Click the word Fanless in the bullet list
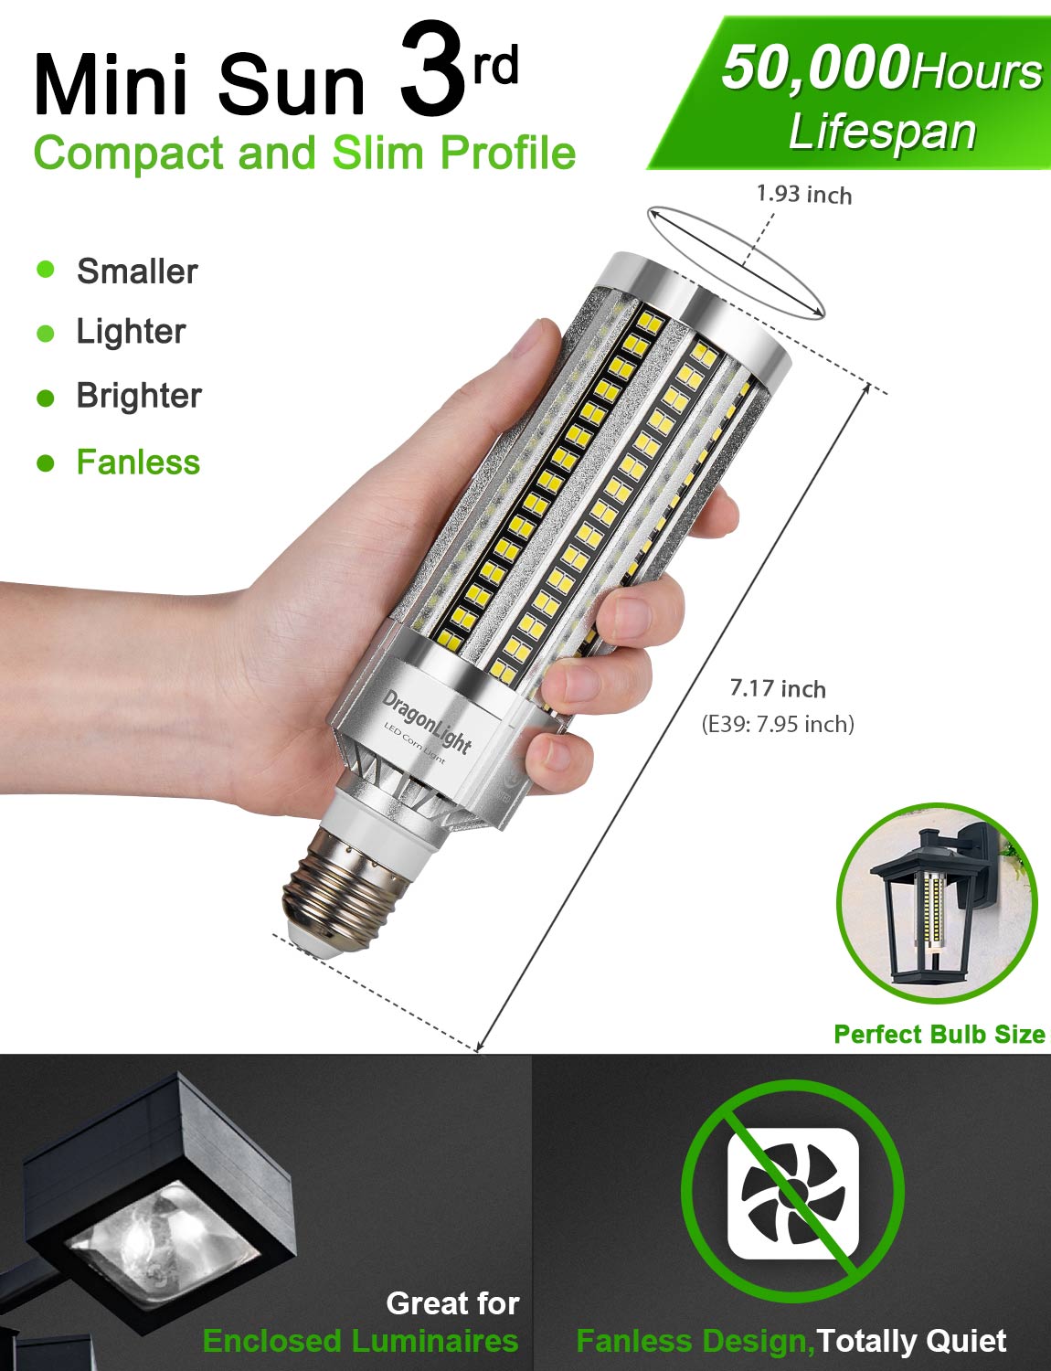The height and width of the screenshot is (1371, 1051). (x=138, y=462)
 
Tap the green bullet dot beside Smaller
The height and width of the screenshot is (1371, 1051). (x=46, y=270)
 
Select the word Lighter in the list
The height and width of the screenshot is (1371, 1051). (x=131, y=332)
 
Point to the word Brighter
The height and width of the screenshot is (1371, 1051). (x=138, y=396)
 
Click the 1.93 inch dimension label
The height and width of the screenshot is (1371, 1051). (x=803, y=194)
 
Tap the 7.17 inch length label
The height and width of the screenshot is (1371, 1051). (x=778, y=688)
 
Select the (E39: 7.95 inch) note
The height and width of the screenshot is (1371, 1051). (x=778, y=724)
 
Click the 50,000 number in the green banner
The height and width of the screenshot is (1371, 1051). (x=815, y=69)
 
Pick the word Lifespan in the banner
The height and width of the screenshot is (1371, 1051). (x=882, y=132)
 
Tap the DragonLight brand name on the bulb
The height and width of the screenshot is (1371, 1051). (x=427, y=722)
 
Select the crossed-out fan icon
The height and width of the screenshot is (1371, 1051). (x=792, y=1192)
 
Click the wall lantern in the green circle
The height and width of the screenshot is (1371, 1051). (x=934, y=900)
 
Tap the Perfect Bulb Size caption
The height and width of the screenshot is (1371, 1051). (x=939, y=1034)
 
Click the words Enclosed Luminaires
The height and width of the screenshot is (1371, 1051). (x=360, y=1340)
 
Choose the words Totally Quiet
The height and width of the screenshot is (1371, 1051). (x=911, y=1340)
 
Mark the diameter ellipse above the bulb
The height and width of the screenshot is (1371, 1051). (x=736, y=262)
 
